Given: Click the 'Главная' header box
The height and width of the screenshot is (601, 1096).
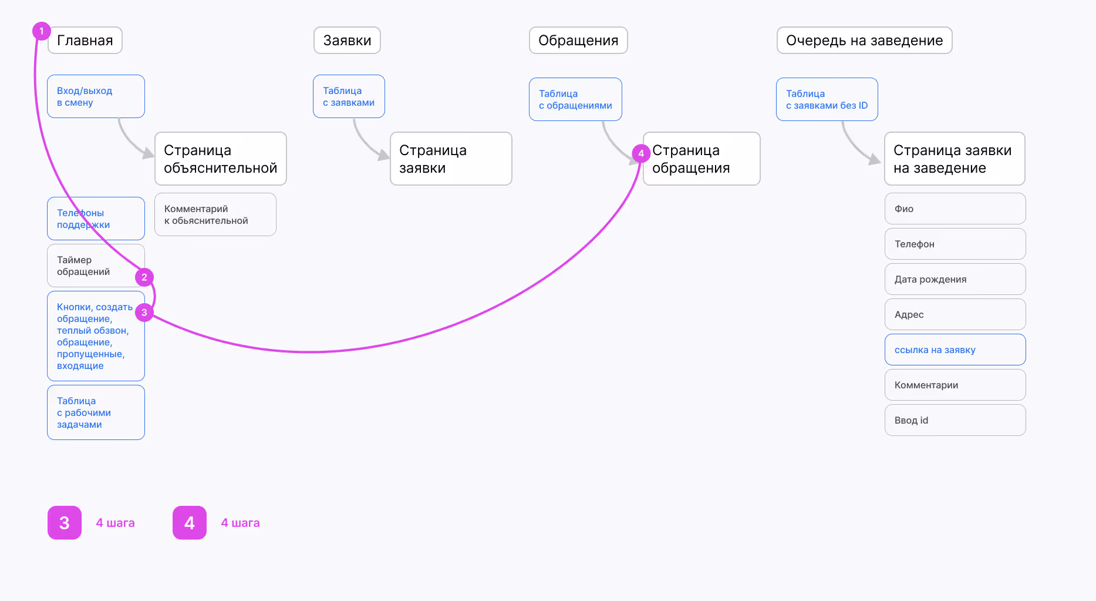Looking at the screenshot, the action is tap(85, 41).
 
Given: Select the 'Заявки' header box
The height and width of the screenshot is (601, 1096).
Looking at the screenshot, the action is tap(347, 41).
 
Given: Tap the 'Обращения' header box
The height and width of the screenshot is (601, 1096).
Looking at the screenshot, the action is tap(578, 41).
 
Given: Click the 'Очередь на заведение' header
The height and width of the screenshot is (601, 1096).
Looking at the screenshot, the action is tap(864, 41).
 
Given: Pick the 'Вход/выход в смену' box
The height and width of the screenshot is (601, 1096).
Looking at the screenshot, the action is tap(96, 96).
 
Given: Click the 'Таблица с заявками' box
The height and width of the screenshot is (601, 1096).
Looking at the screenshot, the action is tap(349, 96).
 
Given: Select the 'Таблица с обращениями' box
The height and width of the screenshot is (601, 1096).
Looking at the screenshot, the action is tap(575, 99).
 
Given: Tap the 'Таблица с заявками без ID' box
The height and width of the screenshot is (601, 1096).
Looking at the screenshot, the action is tap(827, 99).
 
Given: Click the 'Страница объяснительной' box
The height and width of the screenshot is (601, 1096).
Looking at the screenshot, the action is tap(220, 159).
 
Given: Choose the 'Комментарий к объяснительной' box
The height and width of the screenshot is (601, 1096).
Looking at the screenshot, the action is tap(215, 214).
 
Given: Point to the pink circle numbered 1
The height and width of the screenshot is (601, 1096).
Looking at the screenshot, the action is tap(41, 31).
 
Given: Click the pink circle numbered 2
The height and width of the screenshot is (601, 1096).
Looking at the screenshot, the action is tap(144, 277).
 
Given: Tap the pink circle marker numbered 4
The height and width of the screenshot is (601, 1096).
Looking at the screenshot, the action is tap(641, 153).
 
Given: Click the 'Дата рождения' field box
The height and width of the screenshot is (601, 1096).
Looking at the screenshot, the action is tap(955, 279).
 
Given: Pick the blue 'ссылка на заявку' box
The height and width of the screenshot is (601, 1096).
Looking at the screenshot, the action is tap(955, 350).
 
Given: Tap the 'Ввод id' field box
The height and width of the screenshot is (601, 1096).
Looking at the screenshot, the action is tap(955, 420).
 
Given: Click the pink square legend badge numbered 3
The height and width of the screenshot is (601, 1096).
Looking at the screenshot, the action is tap(65, 522).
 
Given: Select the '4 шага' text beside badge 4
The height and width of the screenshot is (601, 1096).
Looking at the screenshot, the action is tap(240, 523).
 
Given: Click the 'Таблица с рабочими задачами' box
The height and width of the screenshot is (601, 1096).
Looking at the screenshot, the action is tap(96, 412).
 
